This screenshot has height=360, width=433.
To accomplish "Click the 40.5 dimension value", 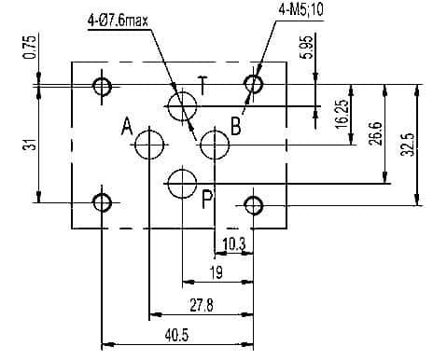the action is pyautogui.click(x=177, y=336).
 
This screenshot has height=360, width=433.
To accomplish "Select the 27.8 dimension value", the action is pyautogui.click(x=202, y=306).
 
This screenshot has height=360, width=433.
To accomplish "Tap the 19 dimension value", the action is pyautogui.click(x=216, y=272).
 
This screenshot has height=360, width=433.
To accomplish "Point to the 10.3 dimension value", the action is pyautogui.click(x=234, y=244).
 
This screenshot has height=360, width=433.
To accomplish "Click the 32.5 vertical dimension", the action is pyautogui.click(x=409, y=145).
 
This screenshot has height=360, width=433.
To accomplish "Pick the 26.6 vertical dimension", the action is pyautogui.click(x=376, y=133).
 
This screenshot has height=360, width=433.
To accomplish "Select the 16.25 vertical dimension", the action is pyautogui.click(x=342, y=114).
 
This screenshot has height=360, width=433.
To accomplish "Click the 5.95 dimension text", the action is pyautogui.click(x=307, y=48).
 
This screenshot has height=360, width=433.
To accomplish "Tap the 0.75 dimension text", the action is pyautogui.click(x=30, y=48).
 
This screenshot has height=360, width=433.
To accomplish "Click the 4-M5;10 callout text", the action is pyautogui.click(x=300, y=10).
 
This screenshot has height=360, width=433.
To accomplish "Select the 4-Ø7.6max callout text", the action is pyautogui.click(x=119, y=21).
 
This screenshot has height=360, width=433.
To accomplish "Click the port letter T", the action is pyautogui.click(x=203, y=85).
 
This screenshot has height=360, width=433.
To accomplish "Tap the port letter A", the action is pyautogui.click(x=127, y=126).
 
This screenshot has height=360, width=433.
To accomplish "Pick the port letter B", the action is pyautogui.click(x=236, y=126).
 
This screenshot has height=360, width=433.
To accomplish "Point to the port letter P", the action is pyautogui.click(x=207, y=199).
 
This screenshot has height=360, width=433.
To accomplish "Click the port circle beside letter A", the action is pyautogui.click(x=149, y=132).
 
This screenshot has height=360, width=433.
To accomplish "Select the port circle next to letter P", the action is pyautogui.click(x=182, y=170).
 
